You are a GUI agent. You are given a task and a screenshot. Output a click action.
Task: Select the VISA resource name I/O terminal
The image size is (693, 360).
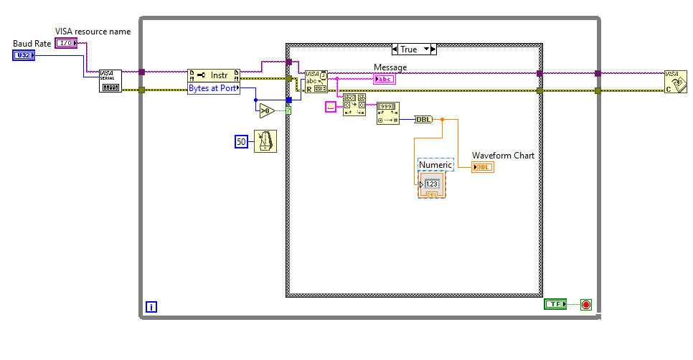pos(66,43)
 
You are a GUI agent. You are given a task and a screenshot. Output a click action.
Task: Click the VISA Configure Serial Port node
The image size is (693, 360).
pos(110,81)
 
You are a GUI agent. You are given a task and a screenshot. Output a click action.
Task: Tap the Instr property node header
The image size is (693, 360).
pos(213,75)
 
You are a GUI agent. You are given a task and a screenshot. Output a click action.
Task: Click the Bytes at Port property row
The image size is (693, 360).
pos(213,88)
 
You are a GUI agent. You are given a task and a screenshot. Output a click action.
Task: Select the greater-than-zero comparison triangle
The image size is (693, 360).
pos(266,110)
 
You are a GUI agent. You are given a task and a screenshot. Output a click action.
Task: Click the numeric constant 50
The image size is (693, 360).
pos(242,142)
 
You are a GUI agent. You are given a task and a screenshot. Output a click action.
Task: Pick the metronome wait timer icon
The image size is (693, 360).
pos(265,142)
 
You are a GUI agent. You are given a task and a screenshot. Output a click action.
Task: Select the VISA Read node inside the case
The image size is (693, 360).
pos(316,82)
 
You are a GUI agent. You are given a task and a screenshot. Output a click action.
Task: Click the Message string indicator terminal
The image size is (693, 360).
pos(384,79)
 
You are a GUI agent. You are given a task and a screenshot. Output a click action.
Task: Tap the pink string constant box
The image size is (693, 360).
pos(331,106)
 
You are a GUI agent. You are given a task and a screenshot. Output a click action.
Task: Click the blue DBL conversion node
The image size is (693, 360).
pos(424,119)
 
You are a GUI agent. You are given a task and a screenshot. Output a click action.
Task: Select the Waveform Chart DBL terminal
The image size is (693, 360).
pos(483,167)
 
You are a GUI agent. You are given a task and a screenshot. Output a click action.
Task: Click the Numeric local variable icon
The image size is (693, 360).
pos(432,184)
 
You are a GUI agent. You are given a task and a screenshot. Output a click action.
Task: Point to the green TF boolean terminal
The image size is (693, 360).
pos(555,304)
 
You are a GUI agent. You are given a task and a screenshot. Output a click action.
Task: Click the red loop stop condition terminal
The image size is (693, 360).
pos(585,304)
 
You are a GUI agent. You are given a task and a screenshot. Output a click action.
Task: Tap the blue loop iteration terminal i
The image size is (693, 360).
pos(151,307)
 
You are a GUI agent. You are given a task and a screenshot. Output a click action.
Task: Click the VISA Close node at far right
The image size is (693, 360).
pos(672,81)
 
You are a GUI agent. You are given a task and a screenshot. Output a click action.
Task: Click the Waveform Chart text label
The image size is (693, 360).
pos(503,155)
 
